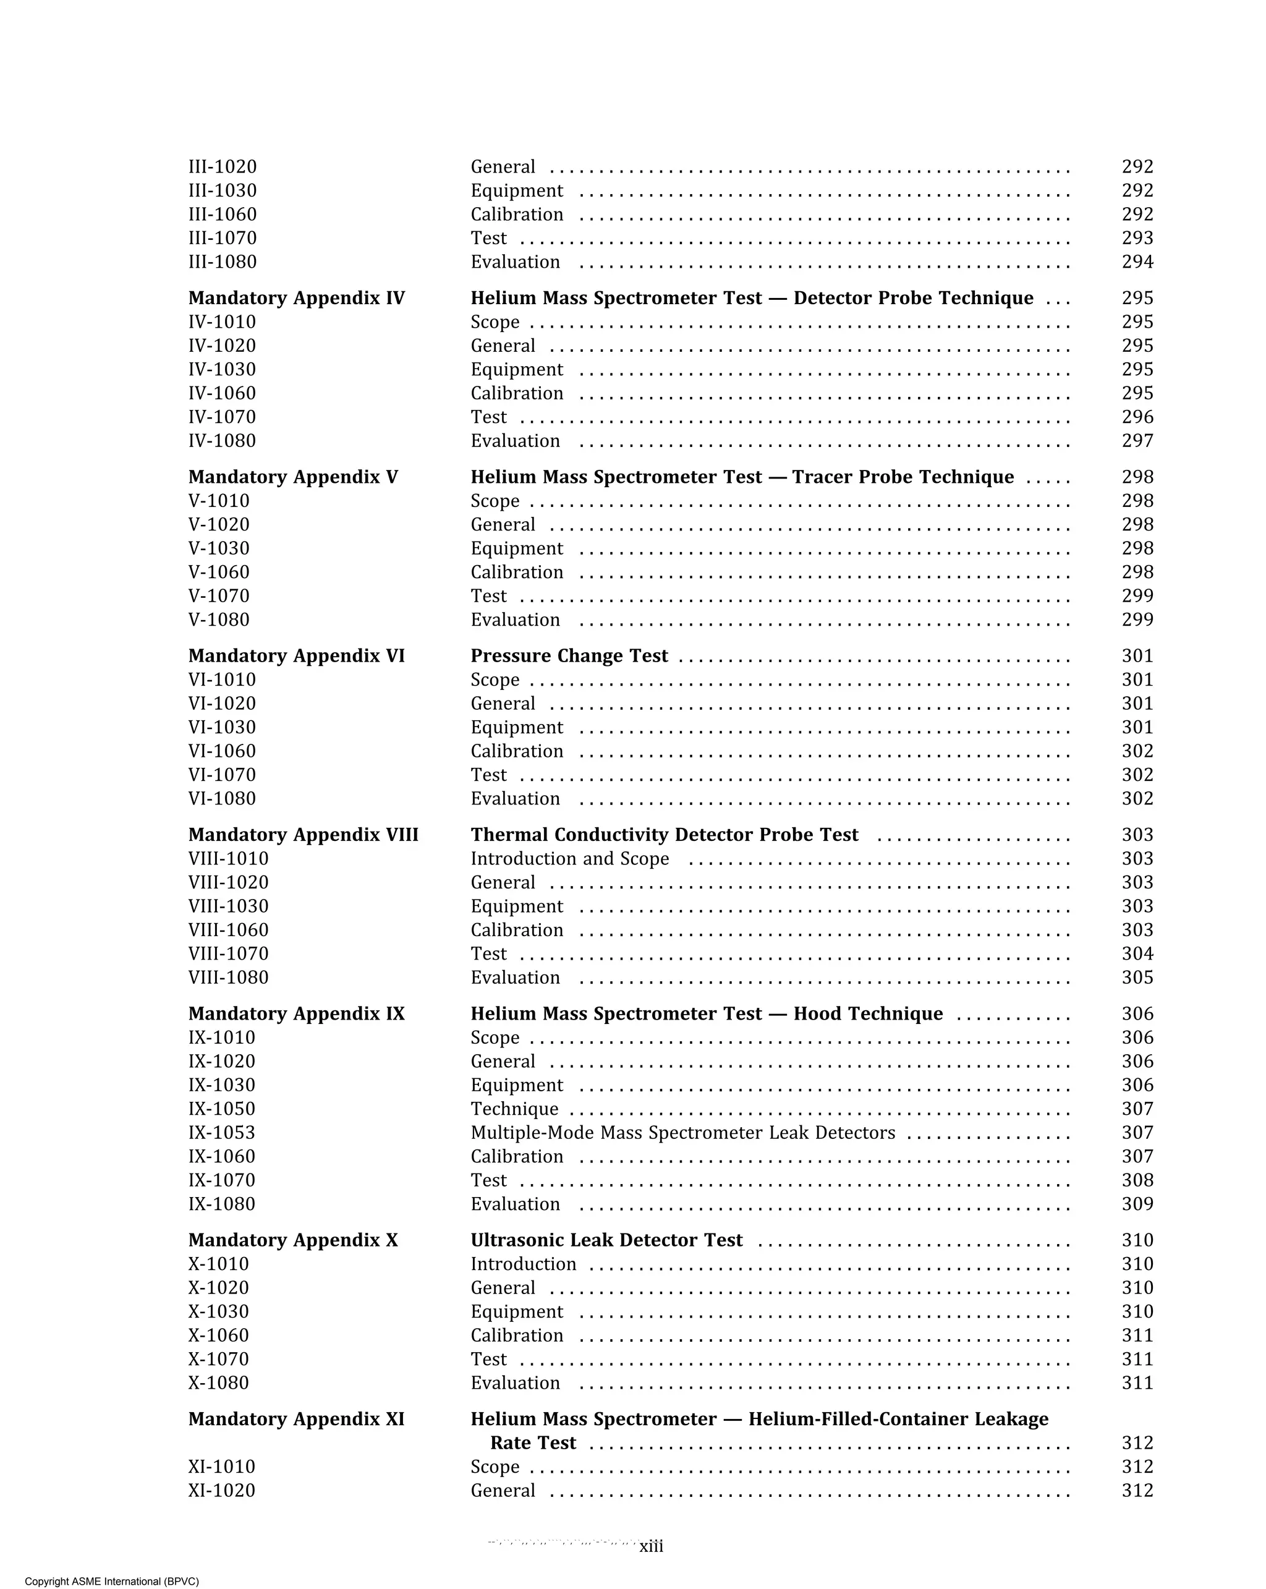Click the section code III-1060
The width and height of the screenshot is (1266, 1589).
223,215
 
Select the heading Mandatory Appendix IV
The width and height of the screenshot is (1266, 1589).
296,298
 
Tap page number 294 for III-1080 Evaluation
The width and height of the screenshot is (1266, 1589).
1137,262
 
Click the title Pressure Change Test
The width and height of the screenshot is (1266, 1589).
569,656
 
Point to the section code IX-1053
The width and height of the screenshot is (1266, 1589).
221,1133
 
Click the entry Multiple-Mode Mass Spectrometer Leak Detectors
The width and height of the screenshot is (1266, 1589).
682,1133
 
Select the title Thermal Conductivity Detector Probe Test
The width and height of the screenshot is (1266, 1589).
664,835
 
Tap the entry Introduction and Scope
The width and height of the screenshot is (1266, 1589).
569,859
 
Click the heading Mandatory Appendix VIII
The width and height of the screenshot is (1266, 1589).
303,835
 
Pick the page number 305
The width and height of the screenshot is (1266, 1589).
1137,978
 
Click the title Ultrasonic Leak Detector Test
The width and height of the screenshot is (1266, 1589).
606,1240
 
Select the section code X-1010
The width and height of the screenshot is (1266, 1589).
218,1264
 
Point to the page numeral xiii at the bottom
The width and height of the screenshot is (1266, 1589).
651,1546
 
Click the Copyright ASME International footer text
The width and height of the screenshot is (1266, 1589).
111,1581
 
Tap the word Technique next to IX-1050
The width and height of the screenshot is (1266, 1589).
514,1109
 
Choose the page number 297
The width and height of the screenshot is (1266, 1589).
1137,441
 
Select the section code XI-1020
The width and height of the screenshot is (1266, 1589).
221,1490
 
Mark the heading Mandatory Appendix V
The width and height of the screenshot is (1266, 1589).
292,477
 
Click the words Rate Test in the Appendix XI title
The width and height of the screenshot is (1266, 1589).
533,1443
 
